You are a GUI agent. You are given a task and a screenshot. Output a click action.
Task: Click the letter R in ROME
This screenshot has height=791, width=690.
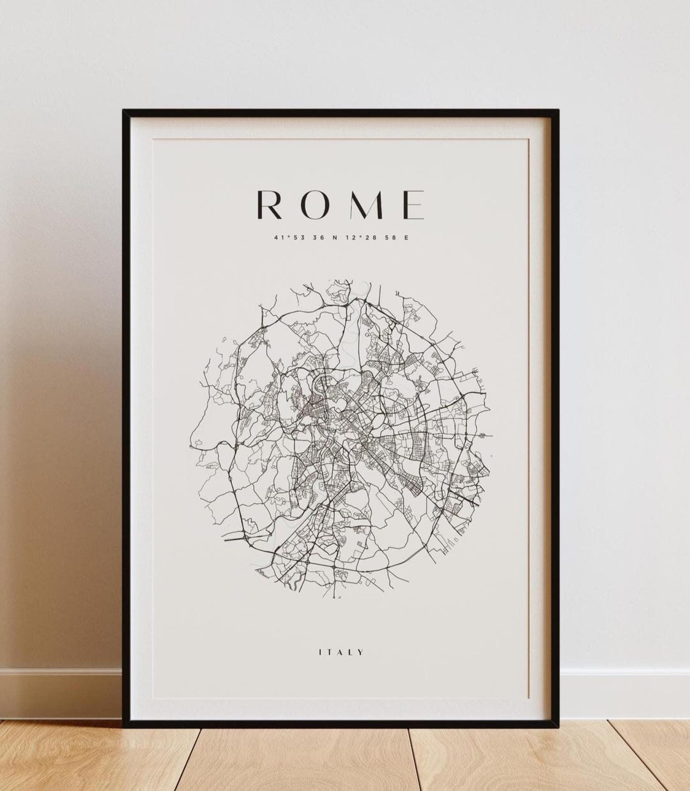(x=268, y=204)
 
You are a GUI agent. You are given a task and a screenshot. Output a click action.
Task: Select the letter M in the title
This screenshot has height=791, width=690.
(x=365, y=204)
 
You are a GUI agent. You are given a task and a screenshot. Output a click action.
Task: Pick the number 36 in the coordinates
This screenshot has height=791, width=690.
(x=318, y=238)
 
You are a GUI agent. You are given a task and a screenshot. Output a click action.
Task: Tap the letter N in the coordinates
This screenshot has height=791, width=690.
(x=335, y=238)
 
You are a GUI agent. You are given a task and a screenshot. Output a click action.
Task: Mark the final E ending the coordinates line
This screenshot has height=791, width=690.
(x=406, y=238)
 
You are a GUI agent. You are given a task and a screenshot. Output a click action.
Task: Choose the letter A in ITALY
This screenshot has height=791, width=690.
(x=341, y=652)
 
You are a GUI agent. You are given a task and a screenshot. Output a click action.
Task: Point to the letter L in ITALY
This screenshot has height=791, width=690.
(x=352, y=652)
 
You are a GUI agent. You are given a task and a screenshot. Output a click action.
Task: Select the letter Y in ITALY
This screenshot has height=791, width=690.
(x=362, y=652)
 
